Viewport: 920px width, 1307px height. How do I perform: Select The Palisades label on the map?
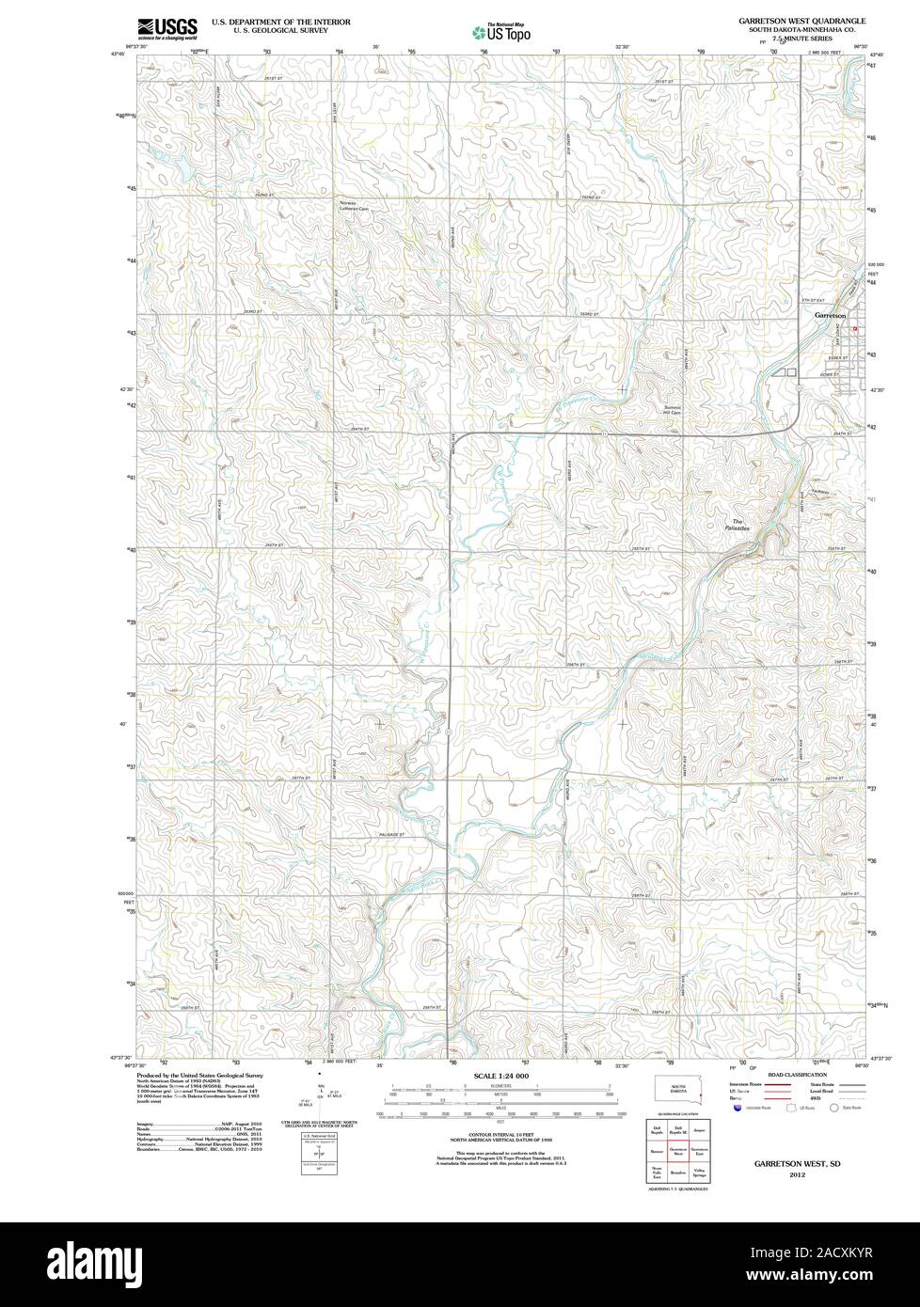pyautogui.click(x=738, y=526)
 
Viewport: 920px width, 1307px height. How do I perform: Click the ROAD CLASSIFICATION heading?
pyautogui.click(x=797, y=1074)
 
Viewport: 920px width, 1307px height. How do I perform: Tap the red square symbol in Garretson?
pyautogui.click(x=854, y=329)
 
